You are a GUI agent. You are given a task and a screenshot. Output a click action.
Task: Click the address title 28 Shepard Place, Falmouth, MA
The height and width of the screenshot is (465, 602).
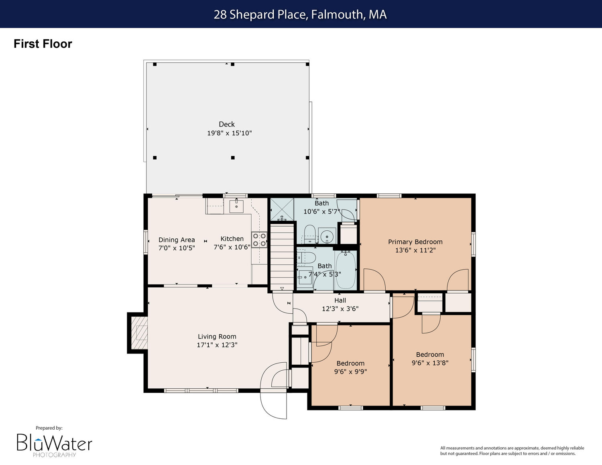click(x=300, y=14)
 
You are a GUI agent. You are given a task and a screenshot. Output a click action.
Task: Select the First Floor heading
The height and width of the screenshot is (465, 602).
click(x=43, y=44)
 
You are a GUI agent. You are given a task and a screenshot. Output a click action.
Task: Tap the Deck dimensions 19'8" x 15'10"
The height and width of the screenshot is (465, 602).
click(x=230, y=133)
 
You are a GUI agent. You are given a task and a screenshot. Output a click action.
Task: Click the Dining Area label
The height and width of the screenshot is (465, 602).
click(x=177, y=240)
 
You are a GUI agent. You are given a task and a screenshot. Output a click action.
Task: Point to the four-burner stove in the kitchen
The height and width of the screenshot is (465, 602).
click(x=259, y=240)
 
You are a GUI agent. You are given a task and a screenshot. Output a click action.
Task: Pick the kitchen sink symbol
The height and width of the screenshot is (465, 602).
click(x=236, y=205)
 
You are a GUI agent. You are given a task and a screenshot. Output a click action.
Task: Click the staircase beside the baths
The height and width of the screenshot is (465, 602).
click(x=282, y=257)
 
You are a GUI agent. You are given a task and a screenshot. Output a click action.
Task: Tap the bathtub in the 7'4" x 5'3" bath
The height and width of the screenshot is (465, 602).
click(x=346, y=270)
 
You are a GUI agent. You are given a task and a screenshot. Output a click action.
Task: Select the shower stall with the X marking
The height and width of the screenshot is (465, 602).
click(x=282, y=209)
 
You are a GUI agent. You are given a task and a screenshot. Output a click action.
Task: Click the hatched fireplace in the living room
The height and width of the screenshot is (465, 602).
click(x=139, y=333)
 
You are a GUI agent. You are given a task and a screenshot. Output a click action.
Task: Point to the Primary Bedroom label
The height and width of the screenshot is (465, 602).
click(x=415, y=242)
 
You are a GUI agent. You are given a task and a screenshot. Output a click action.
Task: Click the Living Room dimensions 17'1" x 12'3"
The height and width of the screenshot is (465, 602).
click(x=217, y=345)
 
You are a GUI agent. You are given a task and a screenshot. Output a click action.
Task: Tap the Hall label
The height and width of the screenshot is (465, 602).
click(x=340, y=300)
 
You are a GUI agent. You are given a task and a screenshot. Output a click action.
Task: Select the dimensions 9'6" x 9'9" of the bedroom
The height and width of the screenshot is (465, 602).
click(x=350, y=372)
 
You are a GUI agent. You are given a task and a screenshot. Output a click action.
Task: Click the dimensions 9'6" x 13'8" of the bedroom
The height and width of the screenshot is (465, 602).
click(x=430, y=363)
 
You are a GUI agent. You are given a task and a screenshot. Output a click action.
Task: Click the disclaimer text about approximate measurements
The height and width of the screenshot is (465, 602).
click(x=512, y=451)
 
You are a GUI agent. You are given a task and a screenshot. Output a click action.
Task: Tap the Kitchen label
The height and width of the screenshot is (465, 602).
click(x=232, y=239)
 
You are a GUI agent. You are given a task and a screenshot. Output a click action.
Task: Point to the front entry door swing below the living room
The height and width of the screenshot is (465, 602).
click(x=273, y=405)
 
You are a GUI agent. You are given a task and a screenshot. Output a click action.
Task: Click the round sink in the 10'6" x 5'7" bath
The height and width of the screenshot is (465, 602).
click(x=327, y=236)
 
